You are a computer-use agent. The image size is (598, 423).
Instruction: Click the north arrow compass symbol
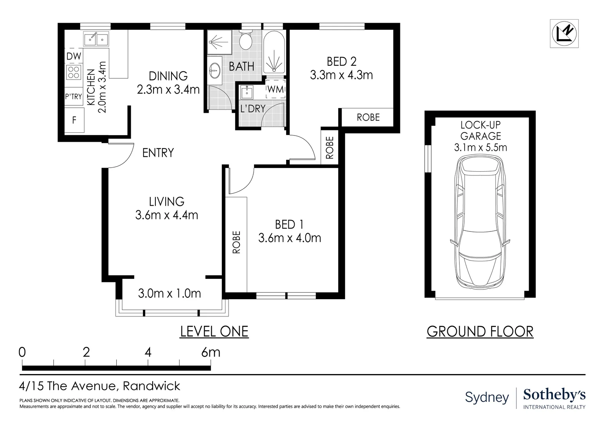564,34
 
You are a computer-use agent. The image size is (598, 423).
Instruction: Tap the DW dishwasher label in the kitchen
74,56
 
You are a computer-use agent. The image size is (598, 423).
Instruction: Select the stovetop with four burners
74,72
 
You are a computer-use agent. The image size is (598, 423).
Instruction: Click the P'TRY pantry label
74,96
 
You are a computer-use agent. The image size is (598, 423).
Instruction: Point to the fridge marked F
74,120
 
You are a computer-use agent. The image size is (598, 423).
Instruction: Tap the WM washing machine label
276,89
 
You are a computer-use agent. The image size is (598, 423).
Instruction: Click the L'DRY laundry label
253,108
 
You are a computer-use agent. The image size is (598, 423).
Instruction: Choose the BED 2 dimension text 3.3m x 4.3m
341,75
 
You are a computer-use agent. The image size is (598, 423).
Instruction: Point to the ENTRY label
158,153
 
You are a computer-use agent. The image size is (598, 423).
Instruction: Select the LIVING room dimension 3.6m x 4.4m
166,215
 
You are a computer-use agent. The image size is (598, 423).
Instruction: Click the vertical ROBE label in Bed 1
236,242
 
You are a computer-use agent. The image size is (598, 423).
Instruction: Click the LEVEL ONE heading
214,331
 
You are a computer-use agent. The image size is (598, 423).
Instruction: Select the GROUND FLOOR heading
480,331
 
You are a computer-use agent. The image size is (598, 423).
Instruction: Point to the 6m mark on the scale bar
211,352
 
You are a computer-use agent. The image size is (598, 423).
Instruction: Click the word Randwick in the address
151,386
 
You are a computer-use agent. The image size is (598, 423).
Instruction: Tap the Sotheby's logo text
554,395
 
